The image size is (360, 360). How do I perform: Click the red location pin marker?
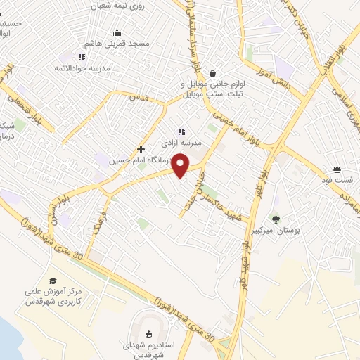coord(181,166)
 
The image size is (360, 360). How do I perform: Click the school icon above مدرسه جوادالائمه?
coord(84,58)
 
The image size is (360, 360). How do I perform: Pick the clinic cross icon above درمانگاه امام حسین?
coord(141,149)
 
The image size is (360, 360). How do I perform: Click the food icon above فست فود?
coord(337,169)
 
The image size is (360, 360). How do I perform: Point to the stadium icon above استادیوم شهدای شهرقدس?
coord(148,335)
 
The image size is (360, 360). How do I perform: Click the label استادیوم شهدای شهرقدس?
coord(148,349)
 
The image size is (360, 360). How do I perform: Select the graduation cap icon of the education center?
coord(53,281)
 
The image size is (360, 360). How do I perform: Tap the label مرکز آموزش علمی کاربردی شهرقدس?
coord(52,297)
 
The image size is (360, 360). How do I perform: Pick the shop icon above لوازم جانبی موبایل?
coord(205,72)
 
